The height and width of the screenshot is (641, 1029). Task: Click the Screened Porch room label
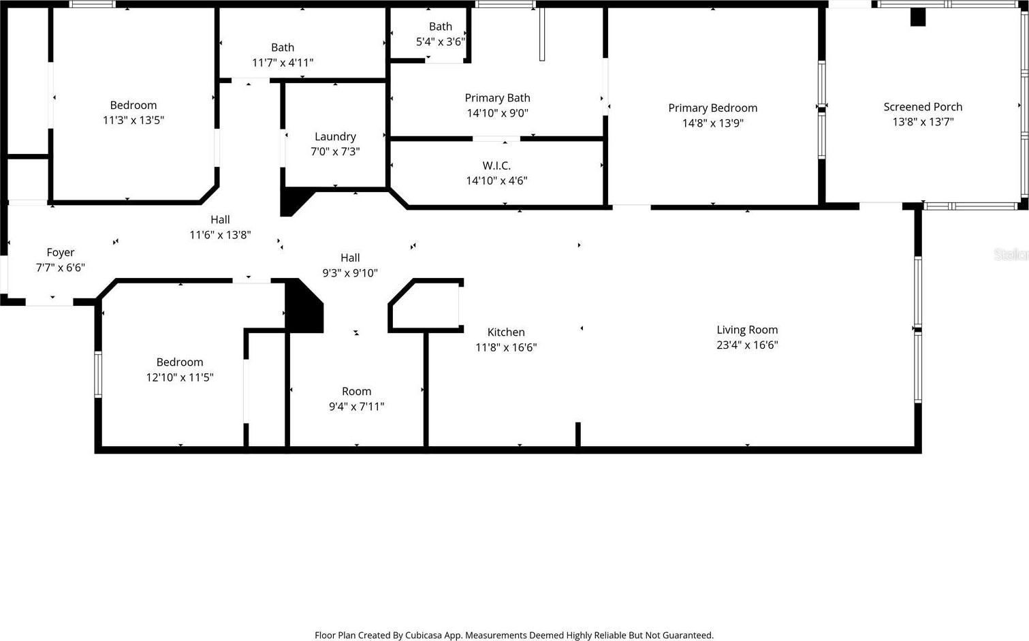(x=923, y=106)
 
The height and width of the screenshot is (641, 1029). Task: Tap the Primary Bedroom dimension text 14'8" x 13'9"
(x=712, y=123)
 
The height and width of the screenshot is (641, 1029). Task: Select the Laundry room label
(x=335, y=136)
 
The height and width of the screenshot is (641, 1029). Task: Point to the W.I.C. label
(x=496, y=166)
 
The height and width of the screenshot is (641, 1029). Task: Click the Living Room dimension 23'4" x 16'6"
(x=747, y=345)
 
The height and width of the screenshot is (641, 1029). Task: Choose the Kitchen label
(x=506, y=332)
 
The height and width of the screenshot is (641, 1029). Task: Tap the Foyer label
(x=61, y=252)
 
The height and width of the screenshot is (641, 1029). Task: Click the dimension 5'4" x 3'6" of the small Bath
(x=441, y=42)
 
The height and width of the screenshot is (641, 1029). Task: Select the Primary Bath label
(x=498, y=98)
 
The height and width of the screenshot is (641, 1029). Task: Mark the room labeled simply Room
(x=356, y=391)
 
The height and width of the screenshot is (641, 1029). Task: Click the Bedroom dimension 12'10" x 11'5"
(x=180, y=377)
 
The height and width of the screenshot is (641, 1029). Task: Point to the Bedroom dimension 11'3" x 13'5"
(x=133, y=121)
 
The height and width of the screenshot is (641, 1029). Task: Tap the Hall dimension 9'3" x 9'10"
(x=350, y=273)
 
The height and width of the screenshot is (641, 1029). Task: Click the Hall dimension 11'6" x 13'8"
(x=220, y=235)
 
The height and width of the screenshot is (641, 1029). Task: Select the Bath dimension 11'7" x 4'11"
(x=283, y=63)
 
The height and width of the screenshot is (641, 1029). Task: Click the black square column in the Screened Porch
(x=918, y=17)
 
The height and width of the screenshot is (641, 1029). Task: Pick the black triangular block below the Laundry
(x=294, y=201)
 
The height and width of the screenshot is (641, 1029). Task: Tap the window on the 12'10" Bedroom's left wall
(x=98, y=375)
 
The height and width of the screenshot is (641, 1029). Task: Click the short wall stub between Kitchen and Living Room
(x=578, y=434)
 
